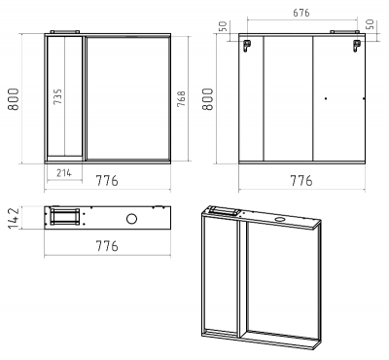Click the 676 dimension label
301,13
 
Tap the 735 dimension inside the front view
57,96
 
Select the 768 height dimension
181,98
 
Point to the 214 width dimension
64,173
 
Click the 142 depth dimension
14,218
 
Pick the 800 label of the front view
14,99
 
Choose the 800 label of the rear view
208,99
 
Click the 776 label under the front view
107,181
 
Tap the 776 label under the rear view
301,181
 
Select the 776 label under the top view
107,246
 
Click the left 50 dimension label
223,26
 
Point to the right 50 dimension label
370,24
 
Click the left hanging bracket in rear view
247,46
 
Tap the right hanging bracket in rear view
357,46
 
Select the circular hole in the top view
131,219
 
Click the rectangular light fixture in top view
65,216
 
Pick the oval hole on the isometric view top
279,220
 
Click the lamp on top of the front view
64,32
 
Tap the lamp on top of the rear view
344,32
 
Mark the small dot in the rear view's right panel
326,98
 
